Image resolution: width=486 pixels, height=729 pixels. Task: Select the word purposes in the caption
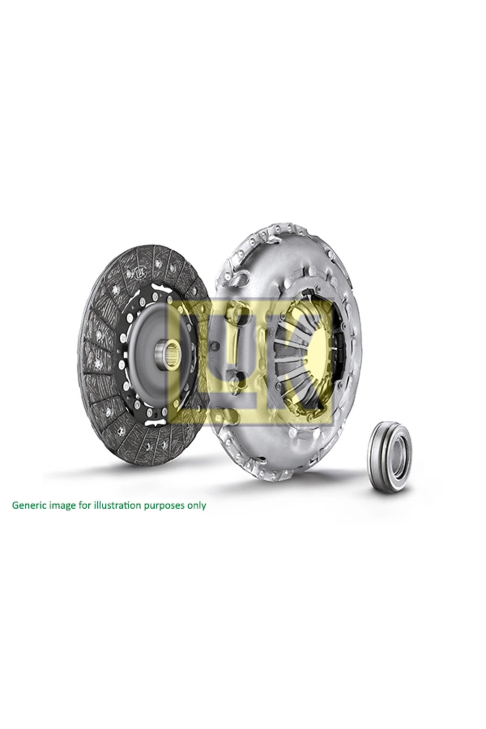(x=165, y=506)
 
